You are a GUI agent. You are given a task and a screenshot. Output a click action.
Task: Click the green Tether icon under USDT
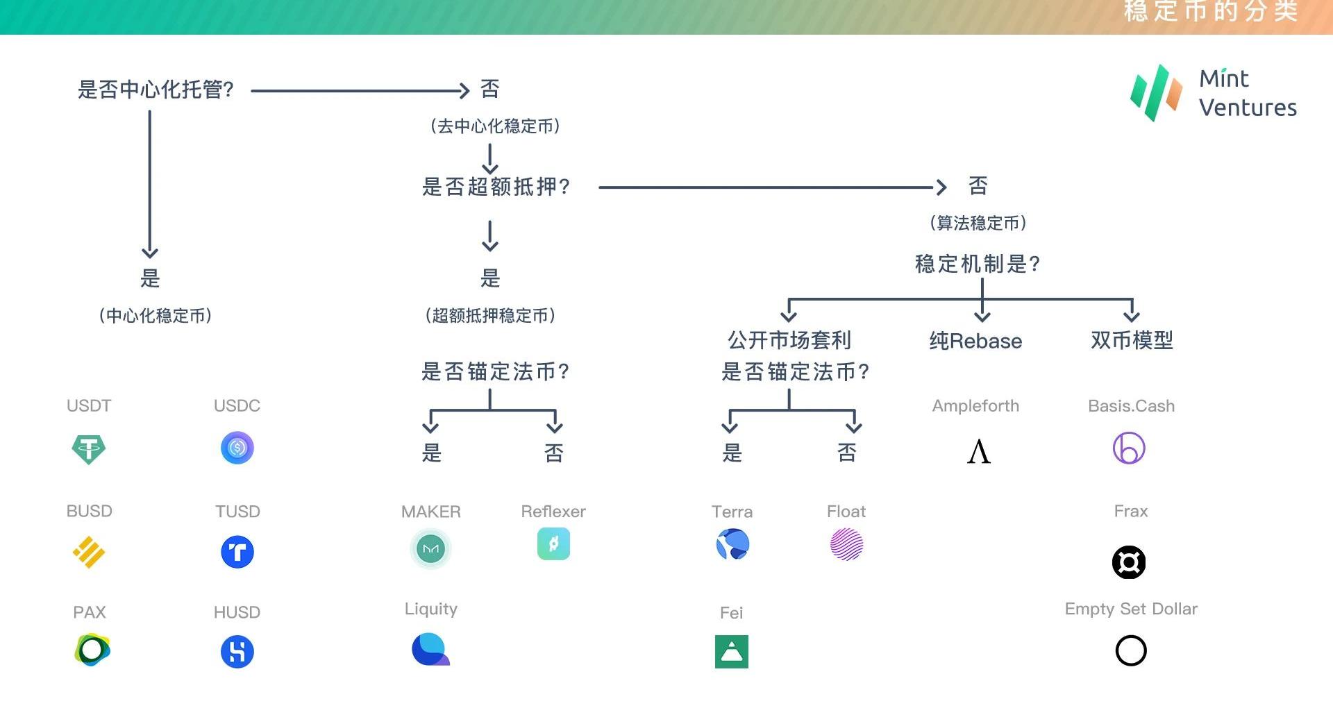pos(89,449)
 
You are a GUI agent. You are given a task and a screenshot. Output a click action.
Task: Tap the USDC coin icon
pos(237,448)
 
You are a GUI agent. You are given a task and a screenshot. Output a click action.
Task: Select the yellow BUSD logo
pos(89,553)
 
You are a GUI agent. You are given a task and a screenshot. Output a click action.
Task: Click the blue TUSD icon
pos(237,553)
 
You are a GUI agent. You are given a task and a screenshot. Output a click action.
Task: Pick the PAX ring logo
pos(92,650)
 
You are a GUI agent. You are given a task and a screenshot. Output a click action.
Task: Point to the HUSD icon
pos(237,652)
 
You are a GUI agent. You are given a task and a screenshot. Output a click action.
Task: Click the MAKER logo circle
pos(430,548)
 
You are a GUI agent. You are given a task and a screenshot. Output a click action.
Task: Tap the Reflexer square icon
pos(553,544)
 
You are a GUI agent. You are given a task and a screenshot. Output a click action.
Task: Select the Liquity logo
pos(430,650)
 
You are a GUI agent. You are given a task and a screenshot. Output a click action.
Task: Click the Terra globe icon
pos(732,544)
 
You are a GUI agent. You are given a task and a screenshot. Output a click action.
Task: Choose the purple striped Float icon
pos(846,544)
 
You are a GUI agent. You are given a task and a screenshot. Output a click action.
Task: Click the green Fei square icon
pos(732,652)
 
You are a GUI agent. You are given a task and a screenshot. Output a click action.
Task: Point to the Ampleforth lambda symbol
pos(978,451)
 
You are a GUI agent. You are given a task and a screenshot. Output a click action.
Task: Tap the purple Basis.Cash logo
pos(1129,448)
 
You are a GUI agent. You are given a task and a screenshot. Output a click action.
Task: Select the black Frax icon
pos(1129,562)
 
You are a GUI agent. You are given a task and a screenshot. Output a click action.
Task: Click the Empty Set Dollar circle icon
pos(1130,651)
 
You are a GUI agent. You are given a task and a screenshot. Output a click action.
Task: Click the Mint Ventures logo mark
pos(1156,93)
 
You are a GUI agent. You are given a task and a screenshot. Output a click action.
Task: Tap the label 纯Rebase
pos(975,341)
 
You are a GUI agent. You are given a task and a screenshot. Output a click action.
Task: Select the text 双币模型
pos(1132,340)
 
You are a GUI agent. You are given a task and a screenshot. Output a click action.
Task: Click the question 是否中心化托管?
pos(156,90)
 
